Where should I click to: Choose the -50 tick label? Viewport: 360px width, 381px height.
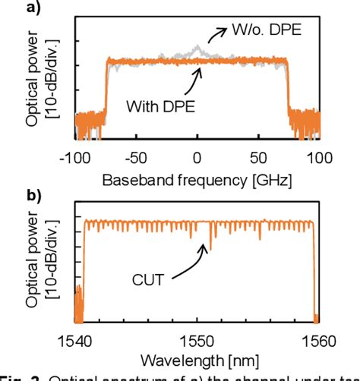(x=136, y=158)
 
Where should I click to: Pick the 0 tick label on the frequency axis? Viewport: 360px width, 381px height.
(x=197, y=158)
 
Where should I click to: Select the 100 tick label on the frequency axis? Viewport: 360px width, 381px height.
(x=318, y=158)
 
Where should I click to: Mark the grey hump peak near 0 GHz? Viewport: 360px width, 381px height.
(x=197, y=49)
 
